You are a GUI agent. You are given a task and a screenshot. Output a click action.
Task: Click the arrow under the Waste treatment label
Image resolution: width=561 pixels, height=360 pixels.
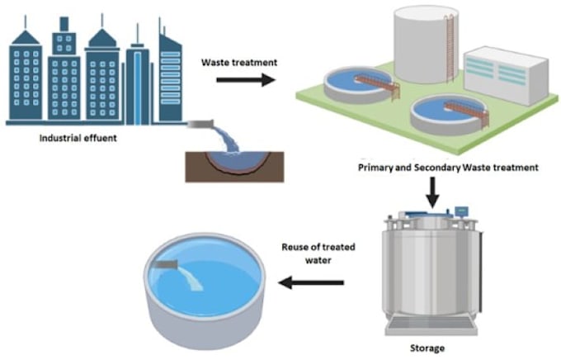click(246, 79)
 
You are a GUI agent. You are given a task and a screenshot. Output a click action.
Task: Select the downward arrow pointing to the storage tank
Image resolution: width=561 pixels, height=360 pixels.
click(433, 192)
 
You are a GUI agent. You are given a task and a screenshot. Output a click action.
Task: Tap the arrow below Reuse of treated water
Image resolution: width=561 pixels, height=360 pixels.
click(311, 282)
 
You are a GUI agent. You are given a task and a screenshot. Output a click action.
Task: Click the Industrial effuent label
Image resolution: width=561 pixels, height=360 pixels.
click(78, 138)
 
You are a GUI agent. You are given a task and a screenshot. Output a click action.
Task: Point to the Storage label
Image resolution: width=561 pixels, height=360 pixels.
click(427, 348)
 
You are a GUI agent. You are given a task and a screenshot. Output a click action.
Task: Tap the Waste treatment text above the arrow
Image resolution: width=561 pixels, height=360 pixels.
click(239, 62)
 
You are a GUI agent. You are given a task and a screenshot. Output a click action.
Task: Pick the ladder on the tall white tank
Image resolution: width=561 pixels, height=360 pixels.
click(450, 46)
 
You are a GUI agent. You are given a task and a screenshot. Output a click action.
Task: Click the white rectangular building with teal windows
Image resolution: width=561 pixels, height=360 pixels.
click(506, 75)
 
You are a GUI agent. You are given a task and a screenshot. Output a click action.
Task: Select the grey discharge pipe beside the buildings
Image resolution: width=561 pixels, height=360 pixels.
click(200, 124)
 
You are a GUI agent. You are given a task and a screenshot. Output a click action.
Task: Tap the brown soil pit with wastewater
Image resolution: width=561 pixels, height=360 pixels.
click(234, 167)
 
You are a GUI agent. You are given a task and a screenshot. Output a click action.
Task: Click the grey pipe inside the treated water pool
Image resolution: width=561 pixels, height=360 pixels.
click(167, 264)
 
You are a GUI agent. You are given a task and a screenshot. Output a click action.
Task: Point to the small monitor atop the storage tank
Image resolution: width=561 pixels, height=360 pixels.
click(461, 211)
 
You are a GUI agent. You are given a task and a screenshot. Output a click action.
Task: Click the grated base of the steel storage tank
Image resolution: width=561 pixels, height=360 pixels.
click(431, 325)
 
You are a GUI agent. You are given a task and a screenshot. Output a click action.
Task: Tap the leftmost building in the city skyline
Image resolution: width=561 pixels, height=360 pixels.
click(26, 75)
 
